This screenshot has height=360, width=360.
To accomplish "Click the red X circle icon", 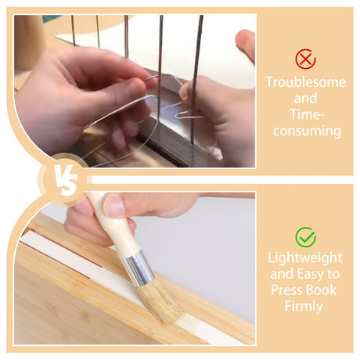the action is (305, 59).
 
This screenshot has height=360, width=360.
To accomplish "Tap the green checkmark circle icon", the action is (305, 237).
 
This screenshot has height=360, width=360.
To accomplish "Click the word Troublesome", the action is (306, 82).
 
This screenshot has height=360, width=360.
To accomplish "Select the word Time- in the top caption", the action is (307, 114).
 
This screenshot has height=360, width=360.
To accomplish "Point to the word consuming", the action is (307, 131).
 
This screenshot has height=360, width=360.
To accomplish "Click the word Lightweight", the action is (305, 258).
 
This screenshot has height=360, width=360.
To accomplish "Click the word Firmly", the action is (304, 306).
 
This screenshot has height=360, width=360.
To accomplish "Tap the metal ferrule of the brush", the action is (139, 268).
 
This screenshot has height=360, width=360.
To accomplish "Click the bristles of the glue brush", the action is (161, 301).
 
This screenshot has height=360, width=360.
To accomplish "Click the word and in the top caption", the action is (305, 99).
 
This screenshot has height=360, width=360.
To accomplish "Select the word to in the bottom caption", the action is (333, 275).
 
